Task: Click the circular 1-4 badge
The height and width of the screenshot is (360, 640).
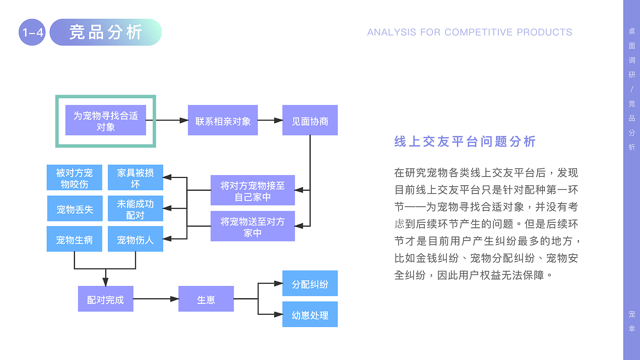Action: [x=32, y=32]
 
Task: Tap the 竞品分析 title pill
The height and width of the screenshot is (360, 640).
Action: [x=106, y=32]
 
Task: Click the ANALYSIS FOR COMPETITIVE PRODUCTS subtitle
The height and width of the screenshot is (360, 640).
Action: [x=469, y=32]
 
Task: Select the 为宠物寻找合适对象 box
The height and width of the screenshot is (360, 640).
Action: [x=106, y=121]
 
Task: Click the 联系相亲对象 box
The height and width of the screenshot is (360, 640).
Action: [x=223, y=120]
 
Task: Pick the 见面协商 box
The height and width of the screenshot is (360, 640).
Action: [x=310, y=120]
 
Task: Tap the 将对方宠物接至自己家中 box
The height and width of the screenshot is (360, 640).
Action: [x=252, y=190]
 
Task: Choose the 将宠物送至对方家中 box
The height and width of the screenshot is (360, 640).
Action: [x=252, y=226]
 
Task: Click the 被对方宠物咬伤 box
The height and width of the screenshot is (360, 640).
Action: [x=74, y=177]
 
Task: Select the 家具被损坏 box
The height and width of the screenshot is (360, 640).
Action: [x=135, y=177]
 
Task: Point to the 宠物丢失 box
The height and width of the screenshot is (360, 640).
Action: [x=75, y=209]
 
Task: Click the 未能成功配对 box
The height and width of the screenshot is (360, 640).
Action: [x=135, y=209]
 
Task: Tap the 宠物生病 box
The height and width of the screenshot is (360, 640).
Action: [x=74, y=239]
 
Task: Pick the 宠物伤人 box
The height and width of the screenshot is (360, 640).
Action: [x=135, y=239]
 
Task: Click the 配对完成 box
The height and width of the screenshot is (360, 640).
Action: [x=106, y=299]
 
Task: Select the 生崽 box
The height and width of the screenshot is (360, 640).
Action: [x=206, y=299]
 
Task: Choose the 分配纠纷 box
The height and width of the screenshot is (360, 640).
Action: [x=310, y=284]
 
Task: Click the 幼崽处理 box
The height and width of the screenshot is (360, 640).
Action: [x=310, y=314]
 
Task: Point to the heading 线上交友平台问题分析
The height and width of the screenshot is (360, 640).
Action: [x=464, y=141]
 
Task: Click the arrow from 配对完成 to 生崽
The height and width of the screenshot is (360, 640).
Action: [x=156, y=299]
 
